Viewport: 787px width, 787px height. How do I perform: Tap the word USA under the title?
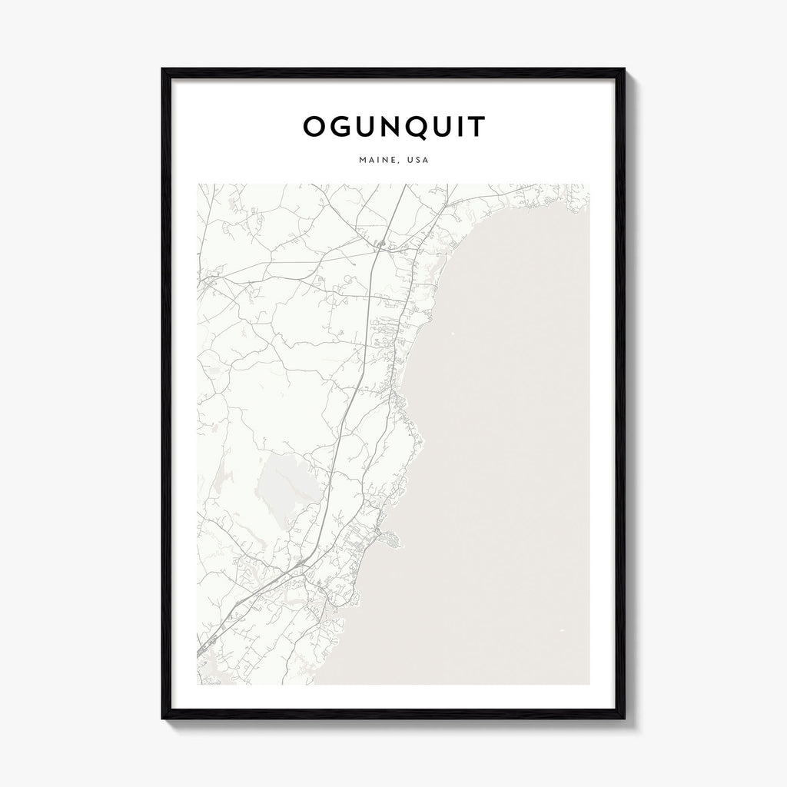(417, 161)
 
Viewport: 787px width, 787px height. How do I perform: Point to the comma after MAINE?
(393, 163)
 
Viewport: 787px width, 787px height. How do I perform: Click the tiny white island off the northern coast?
(452, 334)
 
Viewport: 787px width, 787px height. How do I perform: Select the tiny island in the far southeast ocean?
(561, 632)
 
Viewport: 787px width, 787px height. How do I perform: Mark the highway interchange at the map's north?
(380, 245)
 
